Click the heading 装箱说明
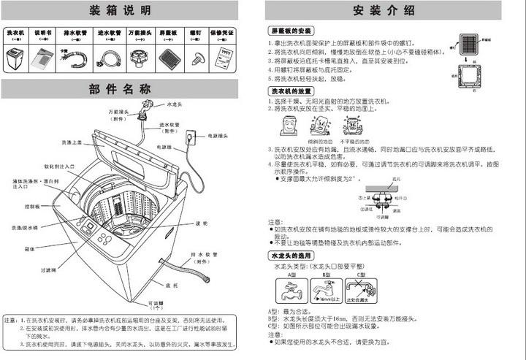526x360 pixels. point(121,10)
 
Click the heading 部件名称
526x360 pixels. point(121,89)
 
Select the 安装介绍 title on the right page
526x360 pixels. point(384,10)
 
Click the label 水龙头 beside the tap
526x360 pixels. point(175,105)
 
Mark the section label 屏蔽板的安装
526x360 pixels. point(291,31)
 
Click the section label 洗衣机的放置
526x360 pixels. point(291,90)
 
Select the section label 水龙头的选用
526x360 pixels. point(291,256)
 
